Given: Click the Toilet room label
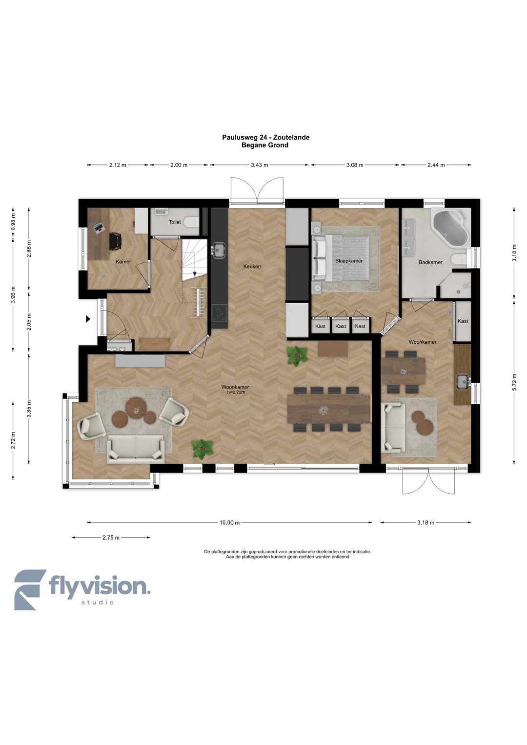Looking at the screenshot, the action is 175,222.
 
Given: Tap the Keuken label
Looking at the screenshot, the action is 252,266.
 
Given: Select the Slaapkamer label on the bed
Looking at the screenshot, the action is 349,261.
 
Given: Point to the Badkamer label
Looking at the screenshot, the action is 430,262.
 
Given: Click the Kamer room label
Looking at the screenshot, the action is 123,261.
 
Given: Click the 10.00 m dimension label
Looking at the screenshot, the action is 229,522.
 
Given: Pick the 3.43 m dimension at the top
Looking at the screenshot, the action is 259,165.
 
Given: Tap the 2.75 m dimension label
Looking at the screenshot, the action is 111,538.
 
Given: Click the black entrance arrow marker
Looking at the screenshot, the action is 88,319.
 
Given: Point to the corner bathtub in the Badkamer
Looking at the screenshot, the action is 451,228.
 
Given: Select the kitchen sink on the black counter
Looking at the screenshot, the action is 219,250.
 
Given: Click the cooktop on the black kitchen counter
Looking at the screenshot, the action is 220,313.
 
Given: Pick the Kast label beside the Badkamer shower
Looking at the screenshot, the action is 463,321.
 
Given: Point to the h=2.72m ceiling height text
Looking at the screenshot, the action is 236,392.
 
